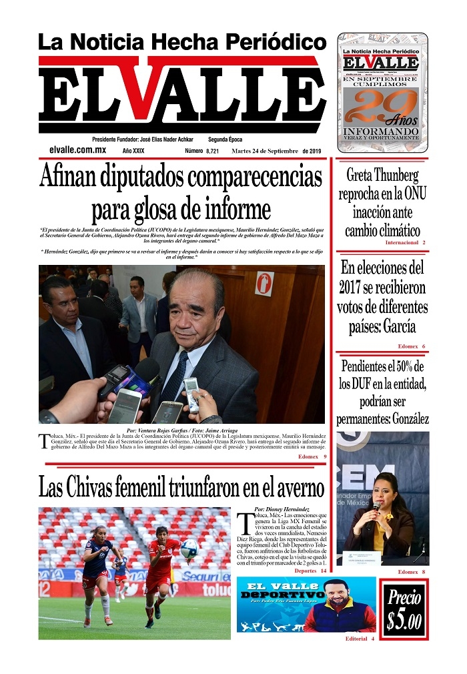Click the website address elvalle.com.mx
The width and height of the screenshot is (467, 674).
tap(77, 151)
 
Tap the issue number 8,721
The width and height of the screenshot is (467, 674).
tap(212, 151)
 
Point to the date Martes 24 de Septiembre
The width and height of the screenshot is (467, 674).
tap(264, 151)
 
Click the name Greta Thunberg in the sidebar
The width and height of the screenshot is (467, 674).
tap(382, 176)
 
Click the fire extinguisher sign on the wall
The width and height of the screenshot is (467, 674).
tap(264, 283)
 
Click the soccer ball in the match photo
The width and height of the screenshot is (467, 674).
tap(189, 549)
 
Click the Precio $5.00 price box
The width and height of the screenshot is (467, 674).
tap(404, 609)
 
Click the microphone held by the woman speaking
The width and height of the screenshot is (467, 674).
tap(376, 508)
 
